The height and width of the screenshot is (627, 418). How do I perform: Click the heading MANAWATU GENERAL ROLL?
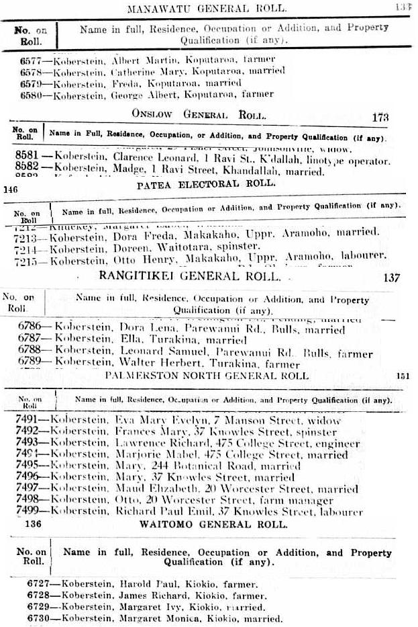207,8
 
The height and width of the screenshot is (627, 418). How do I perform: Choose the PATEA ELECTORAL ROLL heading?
205,183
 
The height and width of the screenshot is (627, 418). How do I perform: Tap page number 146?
10,190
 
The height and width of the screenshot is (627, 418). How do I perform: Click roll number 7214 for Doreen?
30,248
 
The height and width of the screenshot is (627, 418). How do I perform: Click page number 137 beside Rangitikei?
390,277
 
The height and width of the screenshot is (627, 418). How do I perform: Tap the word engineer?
335,444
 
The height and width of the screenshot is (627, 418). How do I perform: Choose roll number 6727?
39,585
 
